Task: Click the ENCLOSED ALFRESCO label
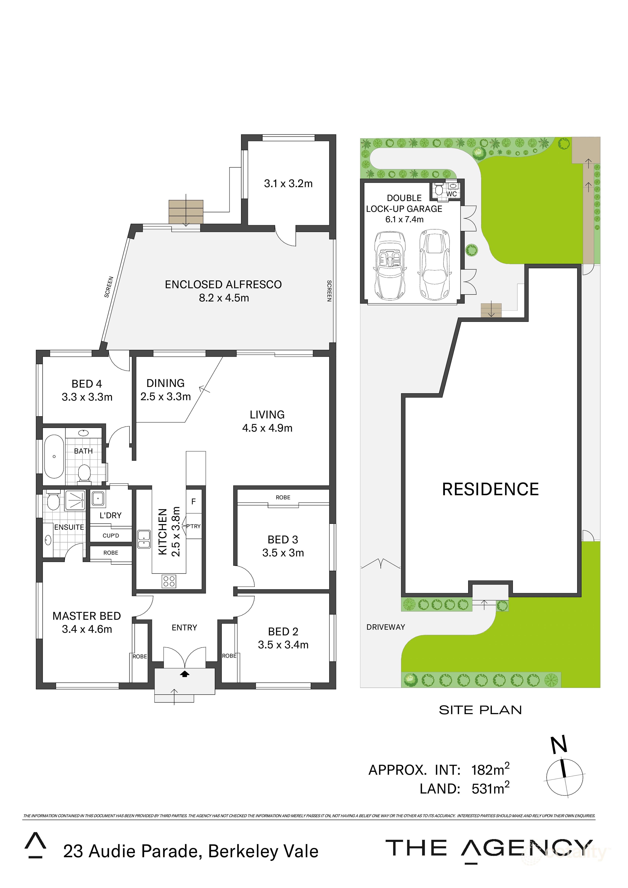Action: (223, 285)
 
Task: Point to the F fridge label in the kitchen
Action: (193, 502)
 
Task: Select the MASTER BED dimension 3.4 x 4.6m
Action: (87, 629)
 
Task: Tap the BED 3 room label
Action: (283, 539)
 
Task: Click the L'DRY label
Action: (111, 516)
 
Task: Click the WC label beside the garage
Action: (452, 194)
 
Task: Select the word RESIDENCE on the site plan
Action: (490, 489)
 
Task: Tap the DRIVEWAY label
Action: (386, 627)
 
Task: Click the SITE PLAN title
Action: (480, 710)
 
